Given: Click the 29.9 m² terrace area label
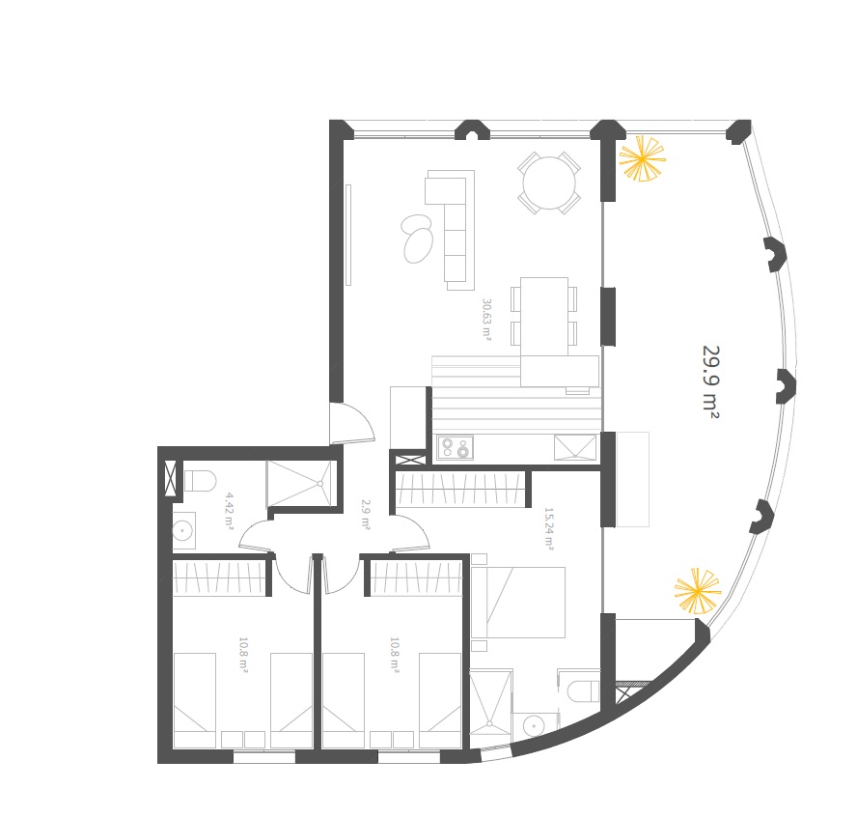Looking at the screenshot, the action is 710,382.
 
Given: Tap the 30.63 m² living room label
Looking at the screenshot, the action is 486,320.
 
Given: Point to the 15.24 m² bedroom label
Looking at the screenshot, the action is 549,528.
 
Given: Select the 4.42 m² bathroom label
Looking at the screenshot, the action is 230,511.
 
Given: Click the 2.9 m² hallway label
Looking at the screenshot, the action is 366,514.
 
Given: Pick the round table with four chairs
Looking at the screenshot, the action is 549,183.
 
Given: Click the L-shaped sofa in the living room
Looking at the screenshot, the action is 450,229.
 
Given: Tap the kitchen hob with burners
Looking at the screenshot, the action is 455,447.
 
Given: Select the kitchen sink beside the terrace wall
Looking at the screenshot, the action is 575,448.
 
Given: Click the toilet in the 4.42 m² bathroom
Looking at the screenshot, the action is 200,481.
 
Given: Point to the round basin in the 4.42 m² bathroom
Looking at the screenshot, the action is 182,530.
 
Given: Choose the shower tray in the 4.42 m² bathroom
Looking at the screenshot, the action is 299,484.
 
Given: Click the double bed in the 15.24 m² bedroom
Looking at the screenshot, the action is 518,602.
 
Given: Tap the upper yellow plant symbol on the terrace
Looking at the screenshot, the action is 642,158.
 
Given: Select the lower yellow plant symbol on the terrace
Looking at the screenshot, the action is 698,591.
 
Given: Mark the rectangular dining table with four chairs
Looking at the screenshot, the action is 544,316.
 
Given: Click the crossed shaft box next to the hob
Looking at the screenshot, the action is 410,460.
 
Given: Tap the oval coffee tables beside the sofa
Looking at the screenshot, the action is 418,239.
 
